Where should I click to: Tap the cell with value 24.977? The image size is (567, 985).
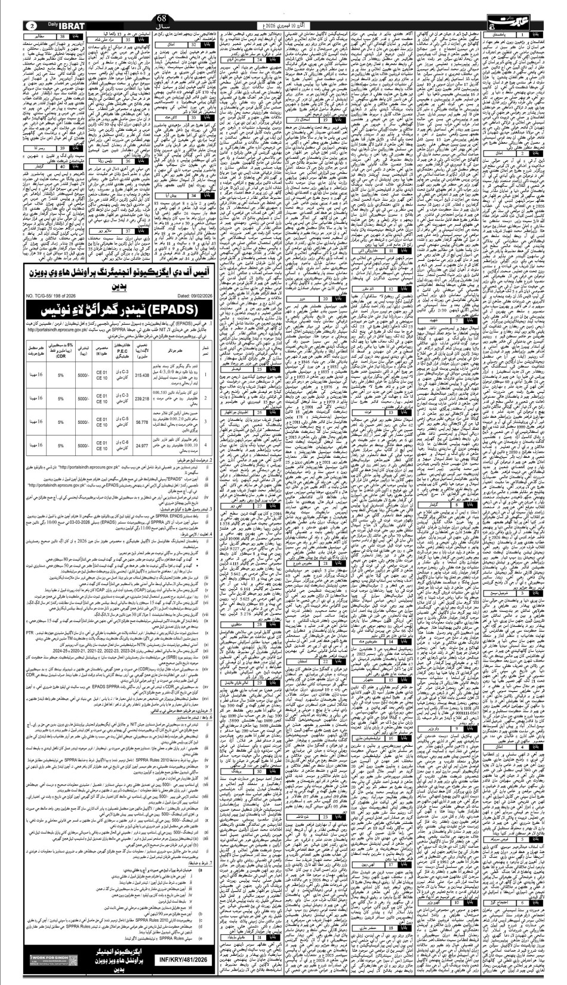[x=142, y=445]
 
